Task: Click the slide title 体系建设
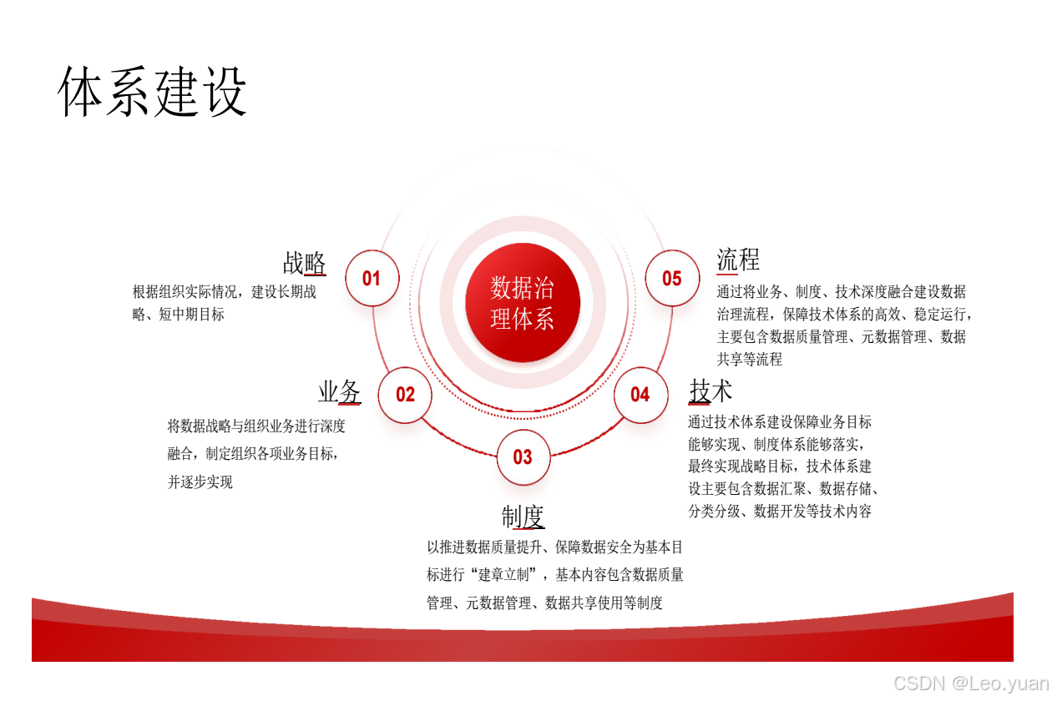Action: coord(154,92)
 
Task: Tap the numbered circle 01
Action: coord(372,278)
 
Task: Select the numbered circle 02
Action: coord(405,395)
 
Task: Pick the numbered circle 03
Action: coord(523,456)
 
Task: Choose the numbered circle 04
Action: coord(640,395)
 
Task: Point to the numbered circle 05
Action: coord(672,278)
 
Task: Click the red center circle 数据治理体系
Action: coord(523,303)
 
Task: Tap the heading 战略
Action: coord(304,263)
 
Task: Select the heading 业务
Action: coord(339,391)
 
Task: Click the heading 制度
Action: coord(523,517)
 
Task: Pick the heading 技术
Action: coord(711,391)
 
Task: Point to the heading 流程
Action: coord(738,260)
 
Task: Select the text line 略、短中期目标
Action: coord(179,315)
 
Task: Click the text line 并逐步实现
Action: coord(200,482)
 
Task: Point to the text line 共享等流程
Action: coord(750,360)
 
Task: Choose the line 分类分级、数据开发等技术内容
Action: coord(780,512)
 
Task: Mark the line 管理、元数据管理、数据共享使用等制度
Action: coord(544,603)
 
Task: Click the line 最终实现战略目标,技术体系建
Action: coord(780,466)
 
